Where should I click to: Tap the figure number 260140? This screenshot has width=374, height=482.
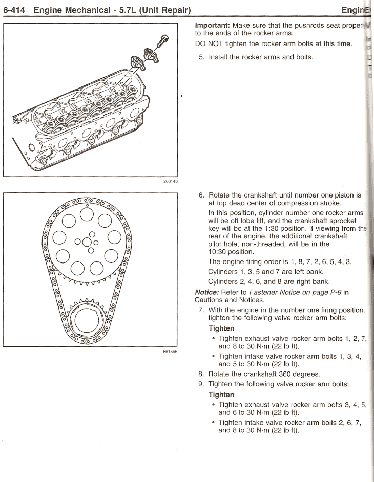170,181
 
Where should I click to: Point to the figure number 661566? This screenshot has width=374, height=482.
170,352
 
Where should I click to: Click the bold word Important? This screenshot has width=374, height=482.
212,25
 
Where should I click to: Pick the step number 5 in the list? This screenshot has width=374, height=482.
201,57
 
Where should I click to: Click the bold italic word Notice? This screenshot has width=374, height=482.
206,292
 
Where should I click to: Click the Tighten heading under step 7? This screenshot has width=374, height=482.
221,328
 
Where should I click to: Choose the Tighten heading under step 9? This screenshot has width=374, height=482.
221,395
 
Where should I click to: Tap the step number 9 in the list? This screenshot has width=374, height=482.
201,384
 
